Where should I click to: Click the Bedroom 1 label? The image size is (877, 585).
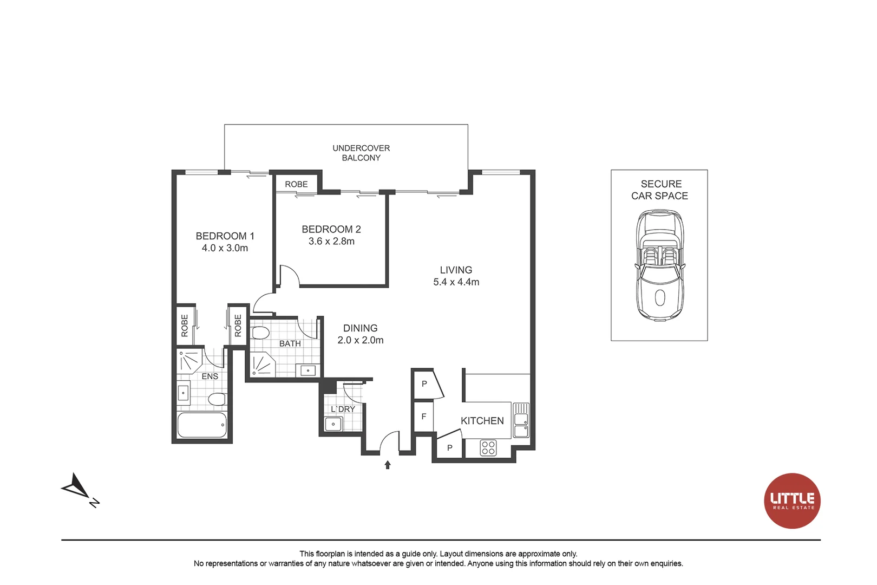tap(225, 236)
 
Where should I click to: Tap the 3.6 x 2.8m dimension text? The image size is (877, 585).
tap(331, 242)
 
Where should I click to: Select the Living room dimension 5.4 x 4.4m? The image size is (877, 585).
tap(456, 282)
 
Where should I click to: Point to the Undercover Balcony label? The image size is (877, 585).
tap(361, 153)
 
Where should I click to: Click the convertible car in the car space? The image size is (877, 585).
tap(660, 265)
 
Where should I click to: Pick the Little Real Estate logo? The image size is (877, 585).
tap(792, 500)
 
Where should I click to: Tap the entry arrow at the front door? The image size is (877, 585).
tap(388, 465)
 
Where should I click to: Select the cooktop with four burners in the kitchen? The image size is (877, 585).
tap(488, 448)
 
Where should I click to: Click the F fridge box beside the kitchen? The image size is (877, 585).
tap(424, 417)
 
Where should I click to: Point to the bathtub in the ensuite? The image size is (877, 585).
tap(202, 425)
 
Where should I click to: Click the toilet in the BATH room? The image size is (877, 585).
tap(260, 333)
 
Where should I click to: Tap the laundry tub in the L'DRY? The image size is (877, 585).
tap(333, 424)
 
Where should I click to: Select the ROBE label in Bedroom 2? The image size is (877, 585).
tap(296, 184)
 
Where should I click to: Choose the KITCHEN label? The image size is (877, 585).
tap(482, 421)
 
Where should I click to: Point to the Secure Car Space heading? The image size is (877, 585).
tap(660, 190)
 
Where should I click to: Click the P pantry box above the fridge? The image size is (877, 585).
tap(425, 384)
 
